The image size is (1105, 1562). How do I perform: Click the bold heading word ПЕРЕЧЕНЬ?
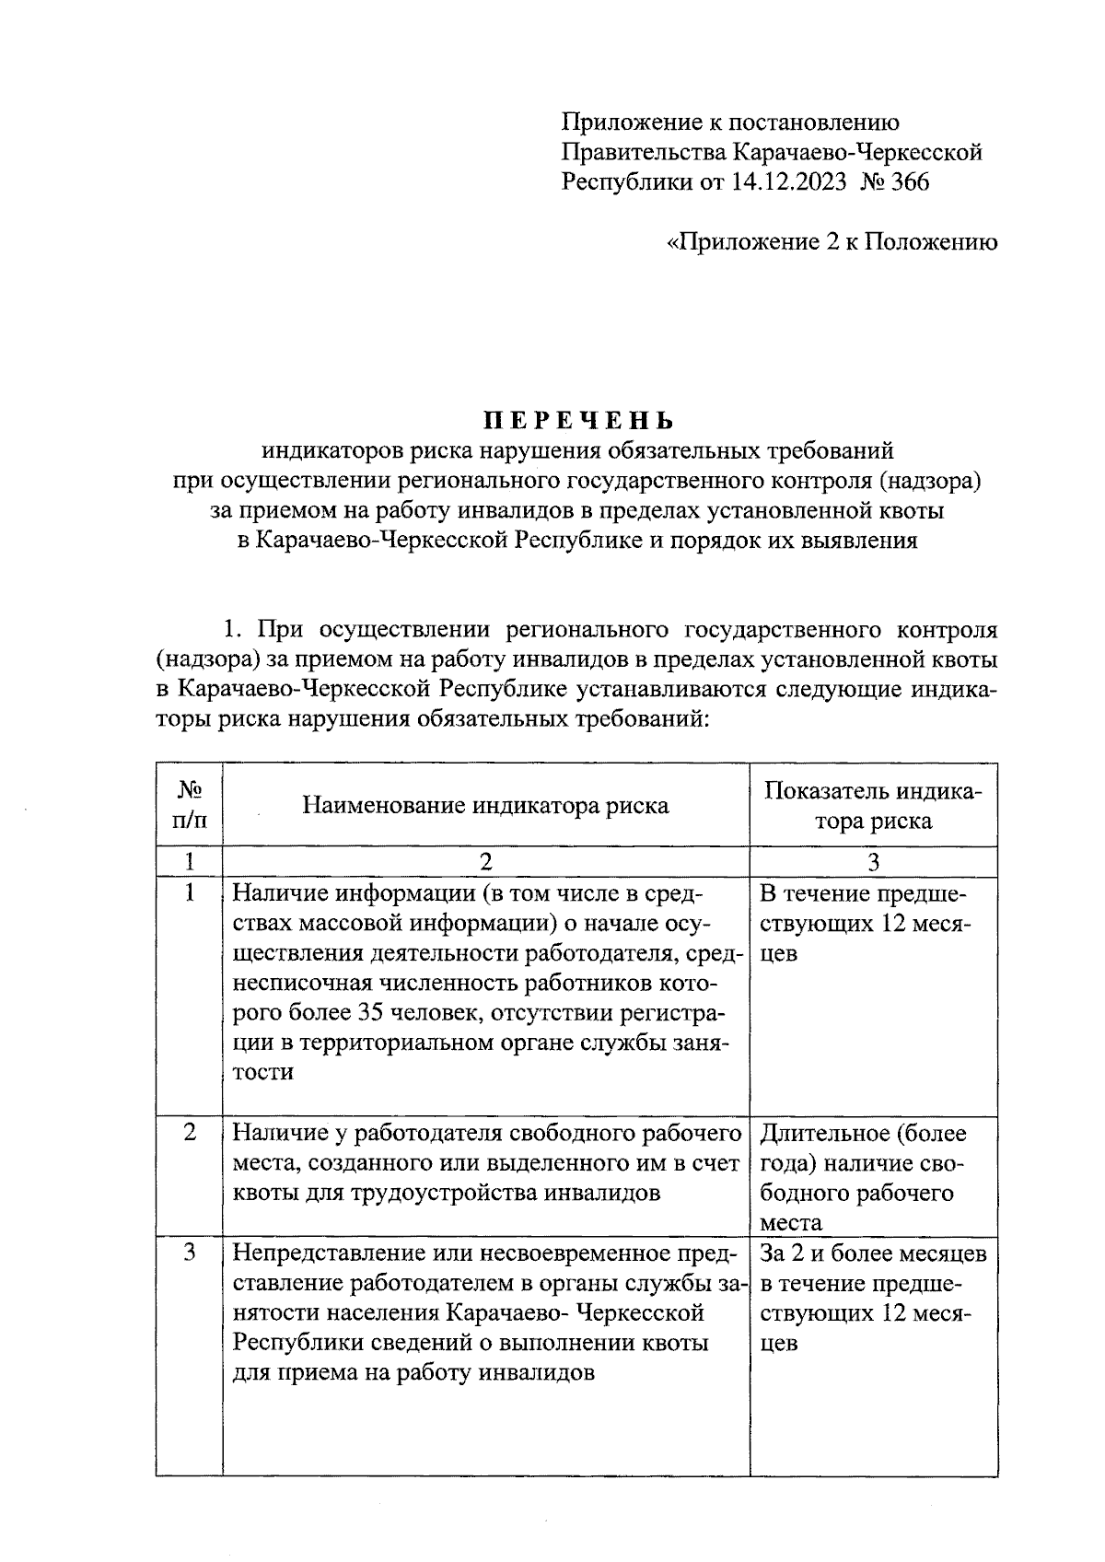click(579, 421)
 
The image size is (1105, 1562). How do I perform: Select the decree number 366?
click(910, 182)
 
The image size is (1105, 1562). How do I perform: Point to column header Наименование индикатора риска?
click(485, 806)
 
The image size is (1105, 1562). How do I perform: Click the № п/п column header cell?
click(189, 804)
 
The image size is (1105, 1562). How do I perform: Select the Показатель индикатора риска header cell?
click(873, 806)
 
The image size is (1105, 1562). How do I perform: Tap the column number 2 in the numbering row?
click(485, 861)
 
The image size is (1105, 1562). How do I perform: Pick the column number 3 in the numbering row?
click(873, 861)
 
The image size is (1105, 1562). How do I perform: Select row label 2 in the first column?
click(189, 1133)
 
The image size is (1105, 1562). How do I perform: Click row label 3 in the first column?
click(189, 1253)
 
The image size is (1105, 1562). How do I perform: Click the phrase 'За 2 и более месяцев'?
click(873, 1253)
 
